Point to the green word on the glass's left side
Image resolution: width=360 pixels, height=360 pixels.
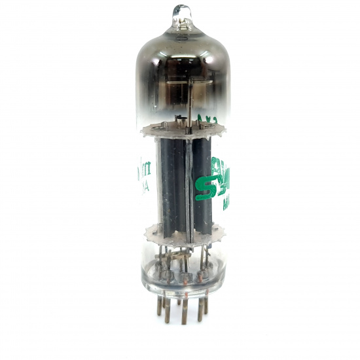click(145, 170)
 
